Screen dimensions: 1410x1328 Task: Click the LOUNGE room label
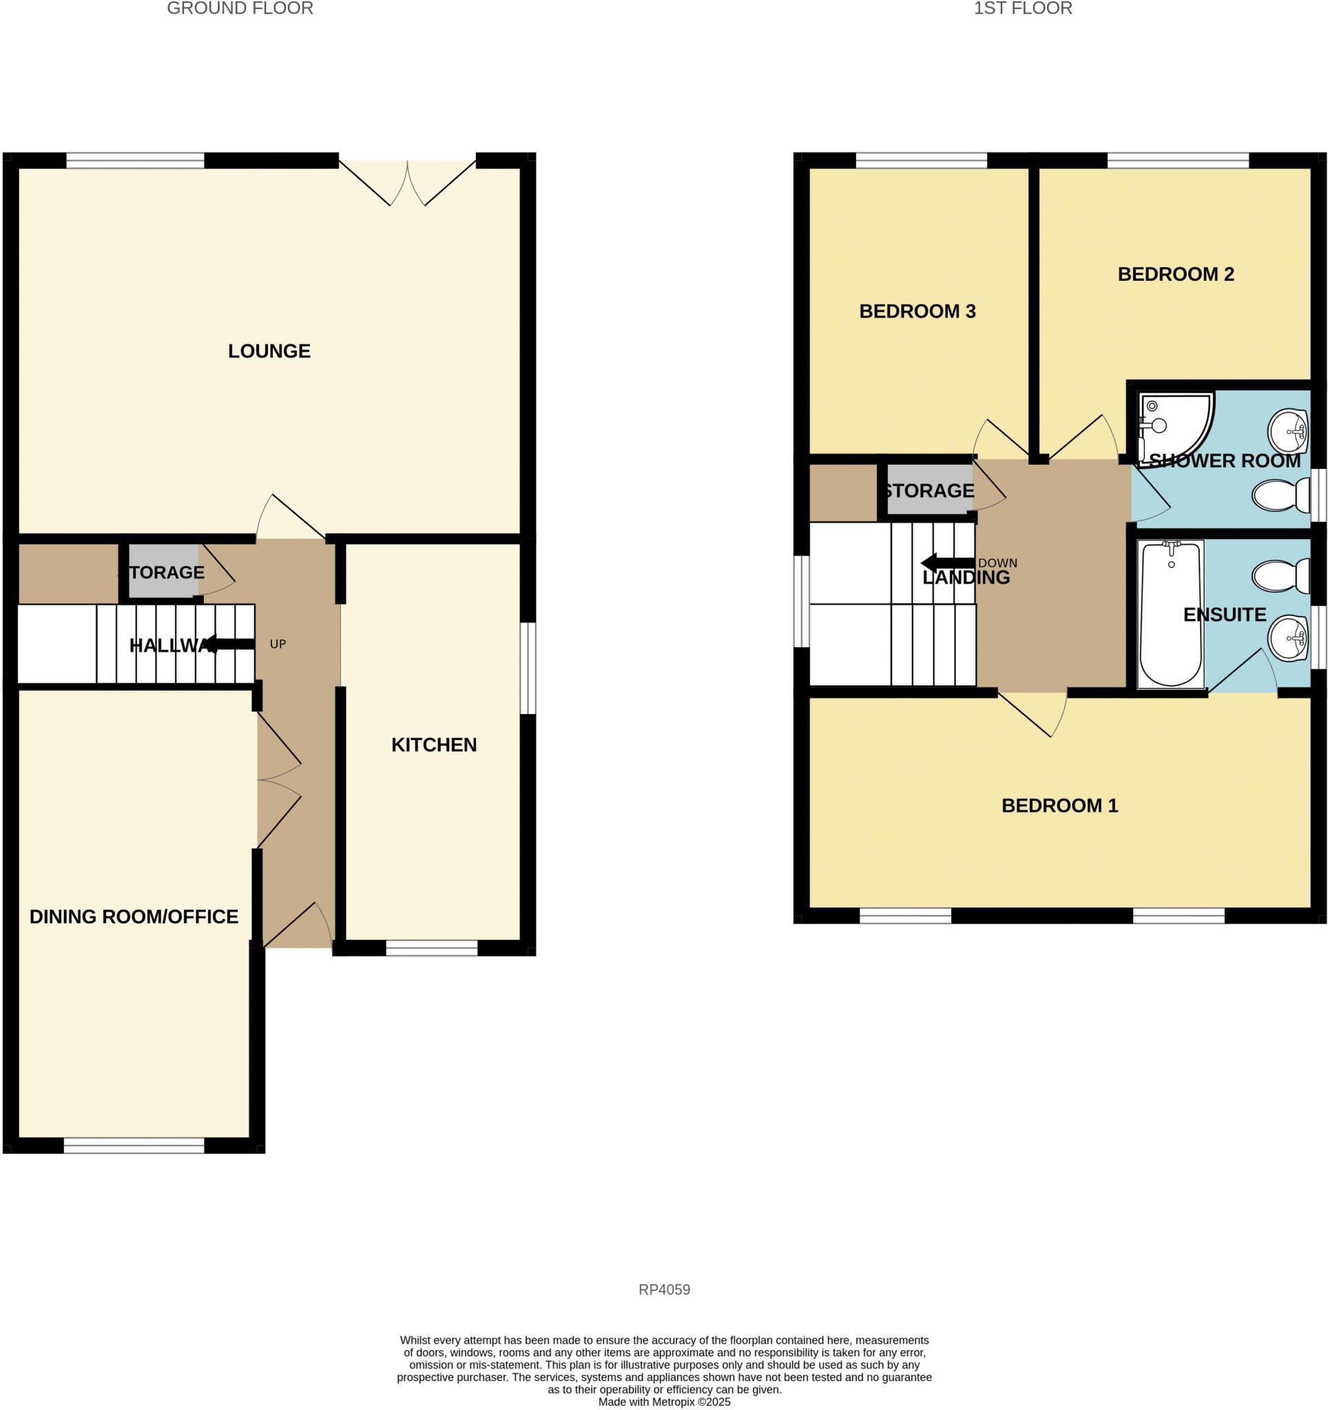click(269, 351)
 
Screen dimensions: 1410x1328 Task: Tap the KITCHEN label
click(433, 745)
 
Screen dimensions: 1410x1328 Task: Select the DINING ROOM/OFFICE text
click(134, 916)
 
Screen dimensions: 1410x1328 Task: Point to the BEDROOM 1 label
click(1059, 805)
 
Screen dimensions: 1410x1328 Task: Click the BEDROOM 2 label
click(1176, 274)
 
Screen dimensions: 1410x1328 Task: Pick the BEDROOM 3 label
click(917, 311)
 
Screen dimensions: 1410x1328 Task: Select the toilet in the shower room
click(1280, 494)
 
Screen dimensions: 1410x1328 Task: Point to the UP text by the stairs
click(278, 644)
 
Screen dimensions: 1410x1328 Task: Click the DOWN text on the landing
click(997, 563)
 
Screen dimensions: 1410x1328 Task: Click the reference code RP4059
click(664, 1290)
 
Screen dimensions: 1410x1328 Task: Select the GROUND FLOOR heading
click(240, 8)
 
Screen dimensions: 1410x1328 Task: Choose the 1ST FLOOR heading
click(1022, 8)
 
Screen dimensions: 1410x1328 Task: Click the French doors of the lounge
click(407, 181)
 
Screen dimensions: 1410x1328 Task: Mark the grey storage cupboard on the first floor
click(928, 490)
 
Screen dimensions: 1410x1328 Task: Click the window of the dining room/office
click(134, 1146)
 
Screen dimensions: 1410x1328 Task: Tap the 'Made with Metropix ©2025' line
click(664, 1402)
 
